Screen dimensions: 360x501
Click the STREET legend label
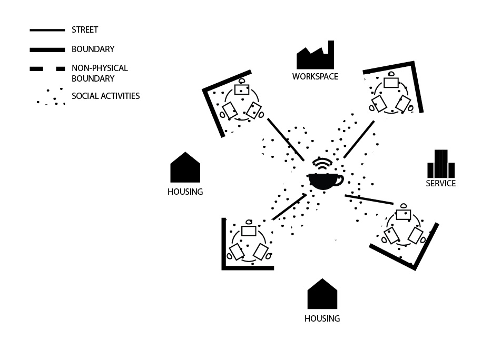tap(85, 30)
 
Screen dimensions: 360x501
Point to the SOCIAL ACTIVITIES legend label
tap(105, 96)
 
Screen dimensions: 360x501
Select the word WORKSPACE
tap(315, 77)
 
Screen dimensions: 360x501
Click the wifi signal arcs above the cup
tap(322, 164)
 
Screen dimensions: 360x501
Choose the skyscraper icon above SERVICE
tap(440, 164)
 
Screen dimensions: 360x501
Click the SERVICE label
tap(440, 184)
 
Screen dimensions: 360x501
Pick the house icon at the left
tap(185, 168)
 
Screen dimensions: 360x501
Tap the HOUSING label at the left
tap(185, 192)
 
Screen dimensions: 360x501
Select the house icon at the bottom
tap(322, 294)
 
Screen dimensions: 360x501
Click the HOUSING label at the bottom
tap(322, 319)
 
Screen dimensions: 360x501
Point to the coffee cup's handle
tap(339, 179)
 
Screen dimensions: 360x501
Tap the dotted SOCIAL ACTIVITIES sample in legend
tap(51, 97)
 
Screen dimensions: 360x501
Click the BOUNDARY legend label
tap(93, 49)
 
